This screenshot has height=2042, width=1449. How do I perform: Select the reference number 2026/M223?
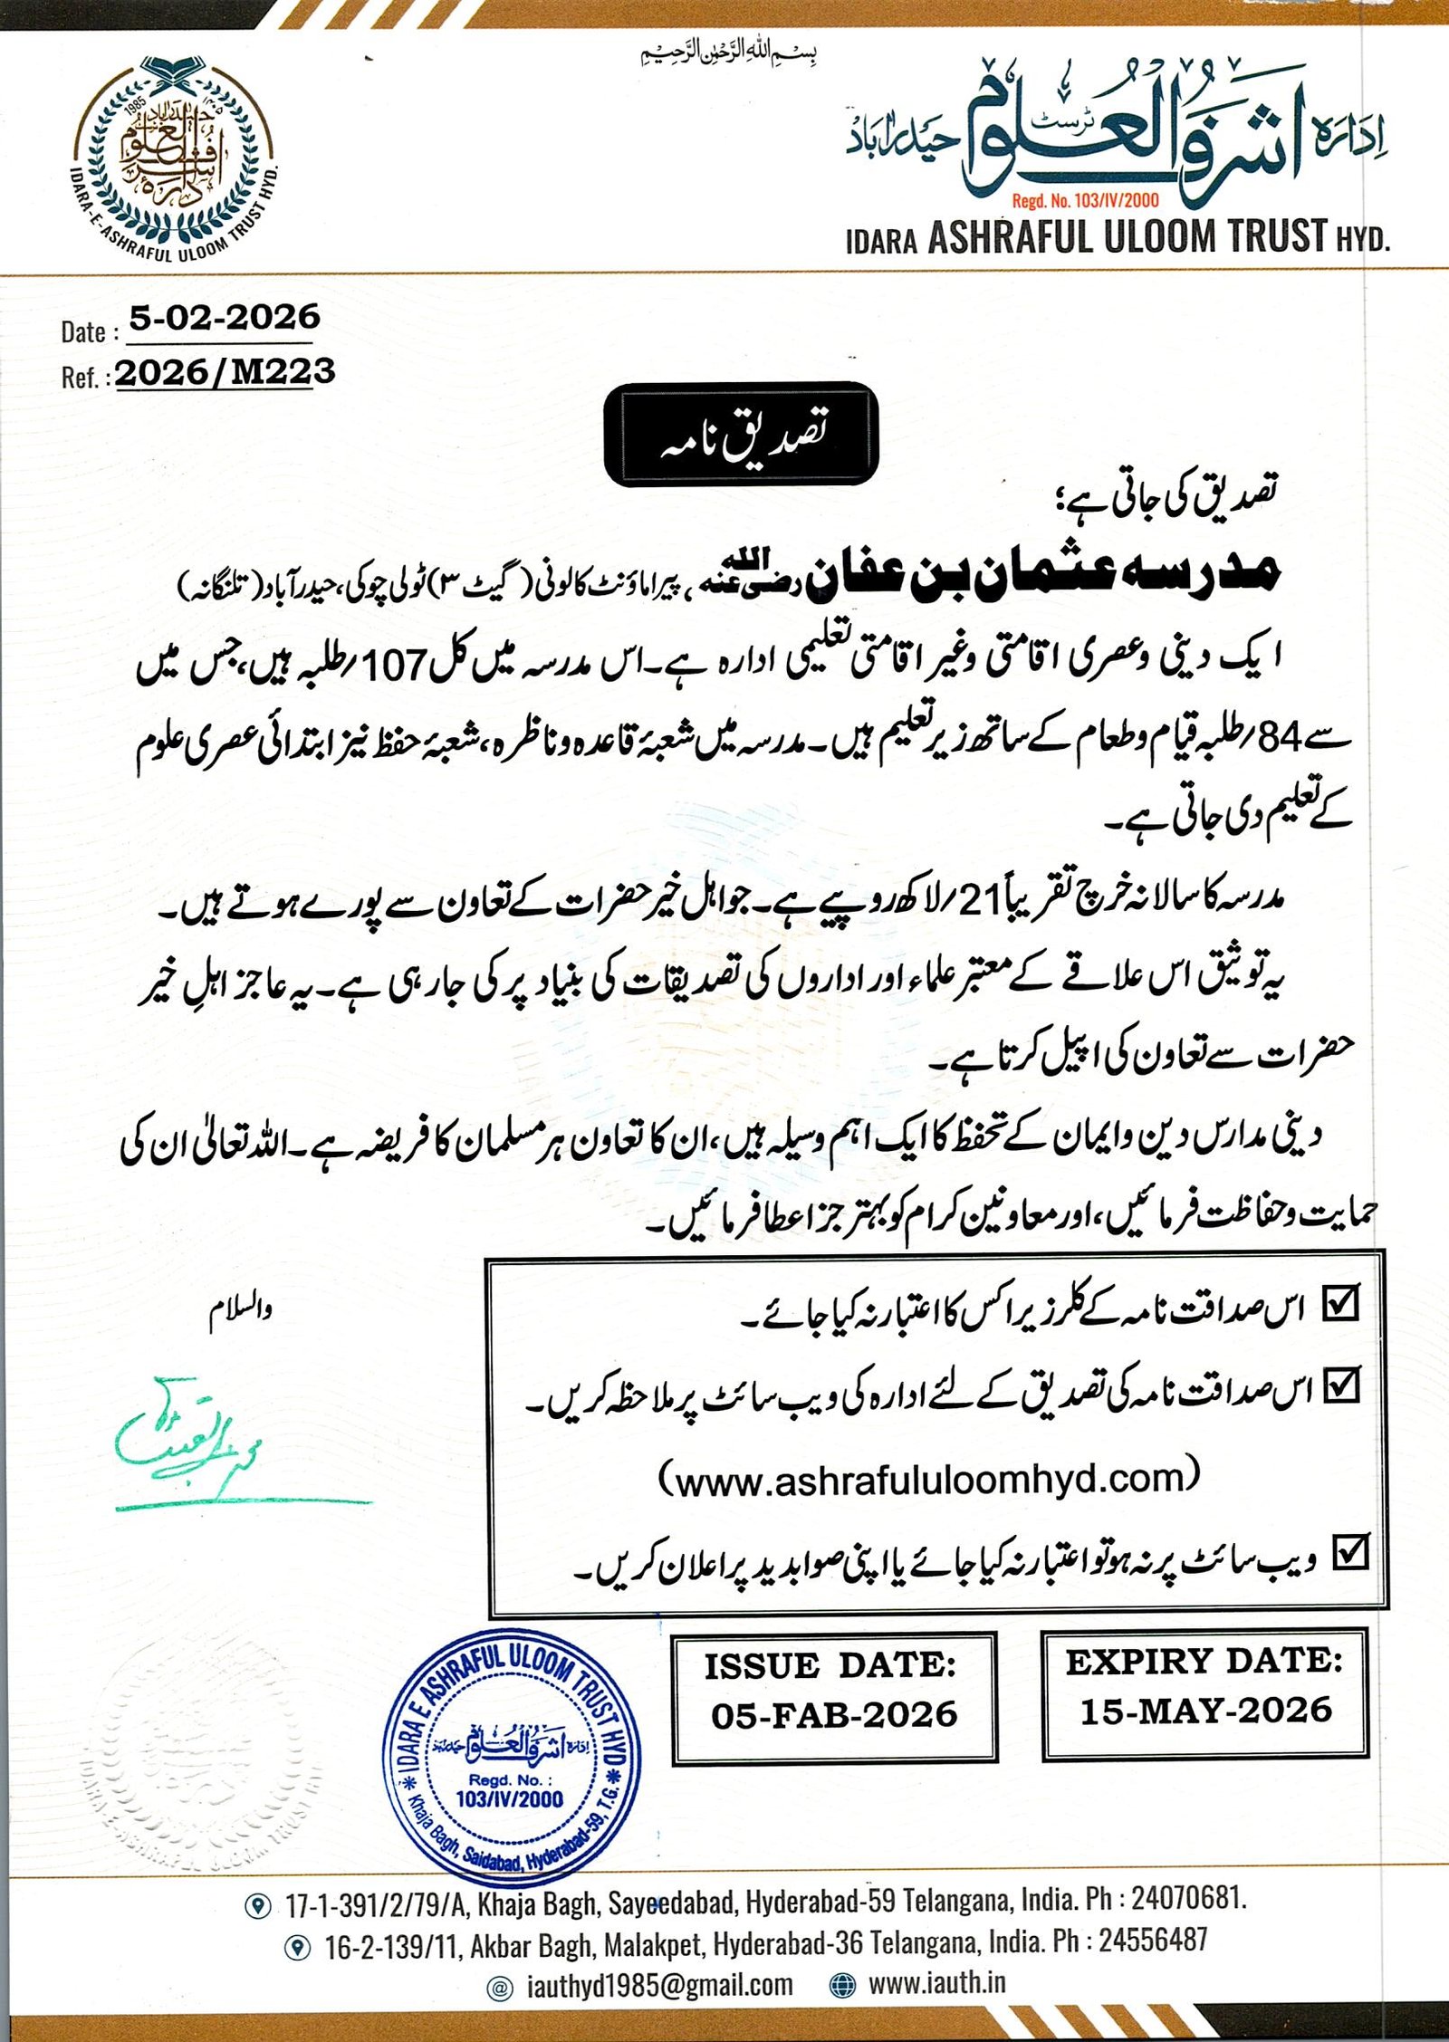226,372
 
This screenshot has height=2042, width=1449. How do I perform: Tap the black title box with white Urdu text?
741,434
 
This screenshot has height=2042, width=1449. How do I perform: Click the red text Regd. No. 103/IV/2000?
1085,200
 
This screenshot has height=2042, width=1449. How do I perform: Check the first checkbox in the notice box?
1341,1303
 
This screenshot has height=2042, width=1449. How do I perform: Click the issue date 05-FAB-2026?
834,1714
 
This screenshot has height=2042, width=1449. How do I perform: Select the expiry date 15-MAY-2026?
1205,1711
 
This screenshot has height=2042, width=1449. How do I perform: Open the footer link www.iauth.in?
937,1982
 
